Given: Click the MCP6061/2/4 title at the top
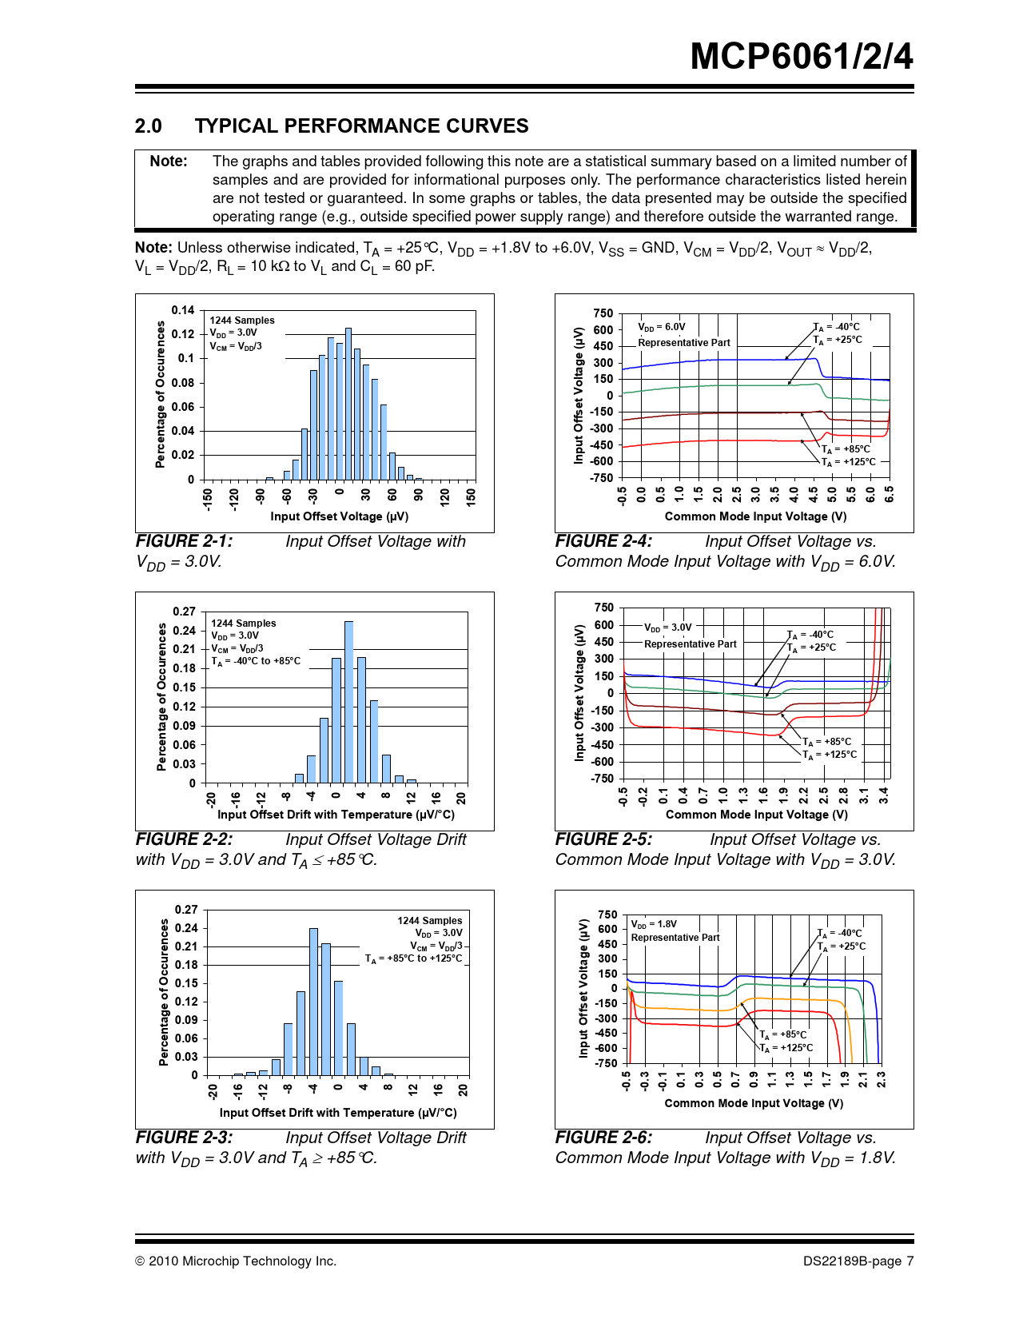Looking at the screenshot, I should click(801, 57).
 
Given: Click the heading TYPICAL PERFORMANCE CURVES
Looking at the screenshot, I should click(361, 126).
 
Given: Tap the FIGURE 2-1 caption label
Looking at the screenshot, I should click(185, 541).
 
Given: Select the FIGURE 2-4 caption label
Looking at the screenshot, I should click(603, 541).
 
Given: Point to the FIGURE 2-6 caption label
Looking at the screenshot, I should click(603, 1138).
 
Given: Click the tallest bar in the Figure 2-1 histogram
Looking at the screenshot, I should click(348, 404).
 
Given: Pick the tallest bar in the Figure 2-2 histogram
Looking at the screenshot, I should click(348, 702).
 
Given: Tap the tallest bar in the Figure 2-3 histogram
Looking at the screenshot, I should click(313, 1002).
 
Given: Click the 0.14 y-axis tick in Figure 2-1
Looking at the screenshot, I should click(183, 310).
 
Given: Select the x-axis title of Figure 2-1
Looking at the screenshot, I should click(338, 516).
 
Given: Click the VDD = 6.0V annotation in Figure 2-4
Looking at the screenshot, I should click(662, 327).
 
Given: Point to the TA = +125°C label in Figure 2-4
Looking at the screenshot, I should click(849, 462).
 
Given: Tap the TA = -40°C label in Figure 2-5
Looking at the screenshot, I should click(810, 635).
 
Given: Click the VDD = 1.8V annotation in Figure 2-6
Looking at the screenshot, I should click(654, 924).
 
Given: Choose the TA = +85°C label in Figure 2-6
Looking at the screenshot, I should click(783, 1034).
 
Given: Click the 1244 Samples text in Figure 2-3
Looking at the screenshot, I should click(429, 921).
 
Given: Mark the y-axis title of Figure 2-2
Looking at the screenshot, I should click(162, 697).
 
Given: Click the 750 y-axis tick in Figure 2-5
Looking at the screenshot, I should click(604, 608).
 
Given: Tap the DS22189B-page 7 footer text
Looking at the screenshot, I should click(858, 1261).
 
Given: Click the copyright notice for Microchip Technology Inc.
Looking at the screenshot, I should click(236, 1261).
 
